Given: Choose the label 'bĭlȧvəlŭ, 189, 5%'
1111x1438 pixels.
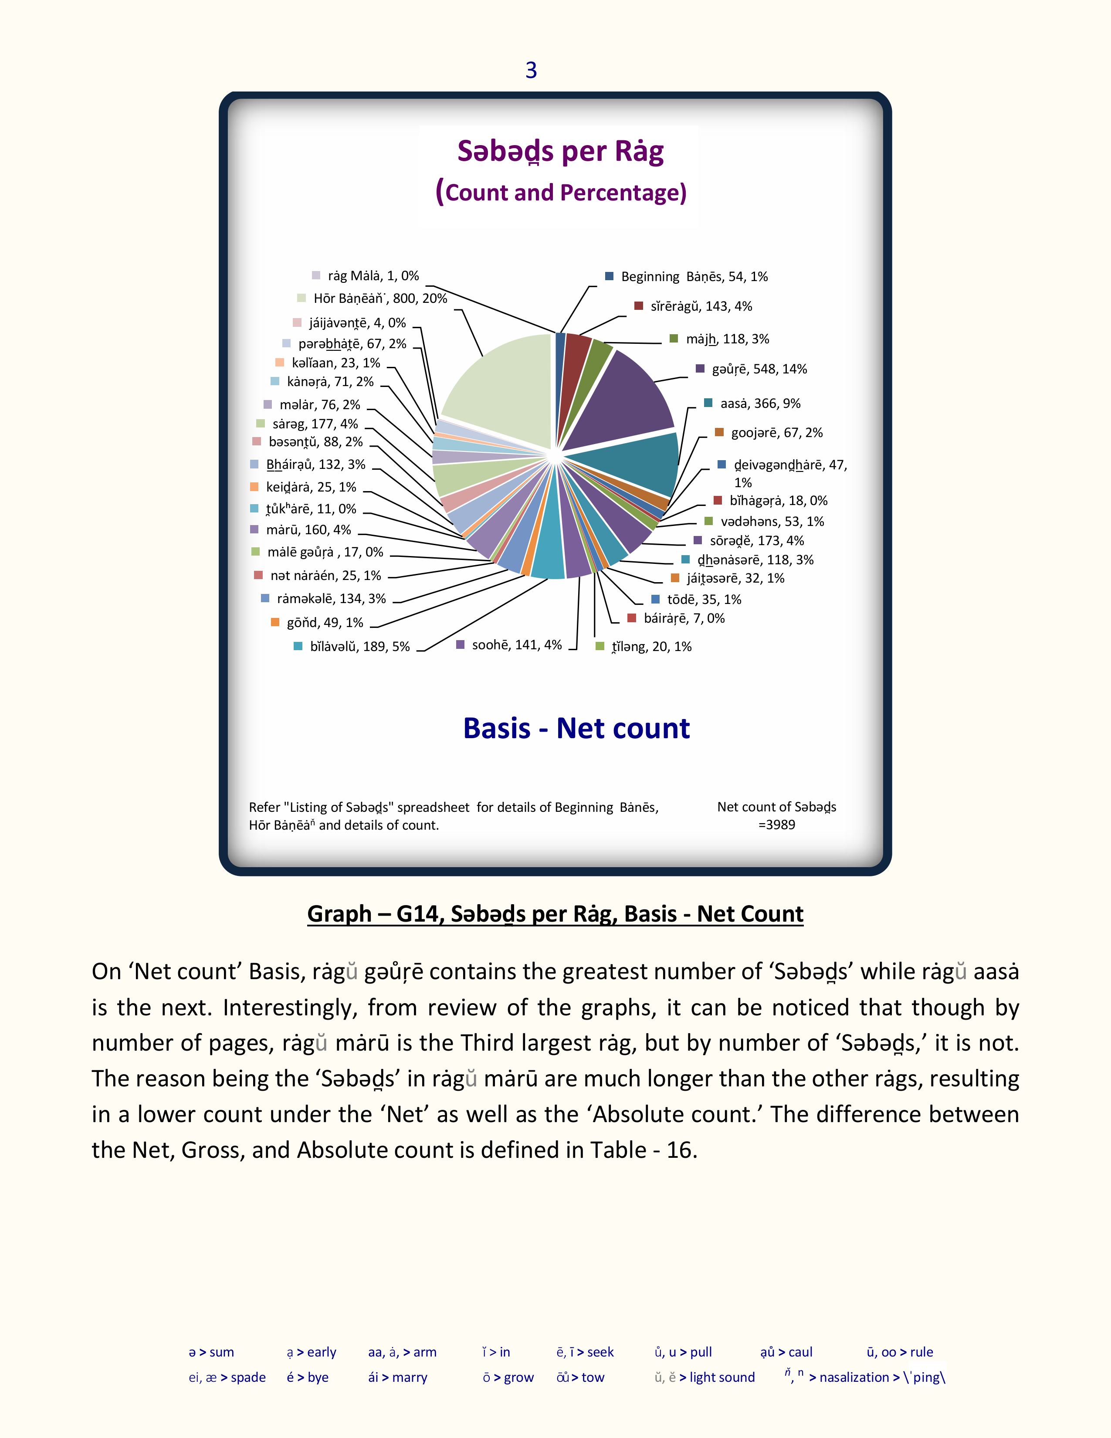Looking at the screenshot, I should pos(359,647).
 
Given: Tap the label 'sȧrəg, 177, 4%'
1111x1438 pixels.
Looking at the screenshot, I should pos(315,424).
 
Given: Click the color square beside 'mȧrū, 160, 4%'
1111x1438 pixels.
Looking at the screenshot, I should pos(255,529).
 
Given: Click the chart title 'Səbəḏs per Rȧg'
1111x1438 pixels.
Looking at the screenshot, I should pos(560,152).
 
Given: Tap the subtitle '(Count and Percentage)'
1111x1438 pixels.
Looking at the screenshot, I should pos(560,192).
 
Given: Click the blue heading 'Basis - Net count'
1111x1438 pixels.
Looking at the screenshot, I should pos(576,728).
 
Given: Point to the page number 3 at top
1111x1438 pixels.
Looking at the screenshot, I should pos(531,70).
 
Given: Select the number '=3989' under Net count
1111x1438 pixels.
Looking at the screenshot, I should pos(777,825).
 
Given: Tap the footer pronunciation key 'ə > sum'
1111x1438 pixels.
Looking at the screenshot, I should pos(211,1353).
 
